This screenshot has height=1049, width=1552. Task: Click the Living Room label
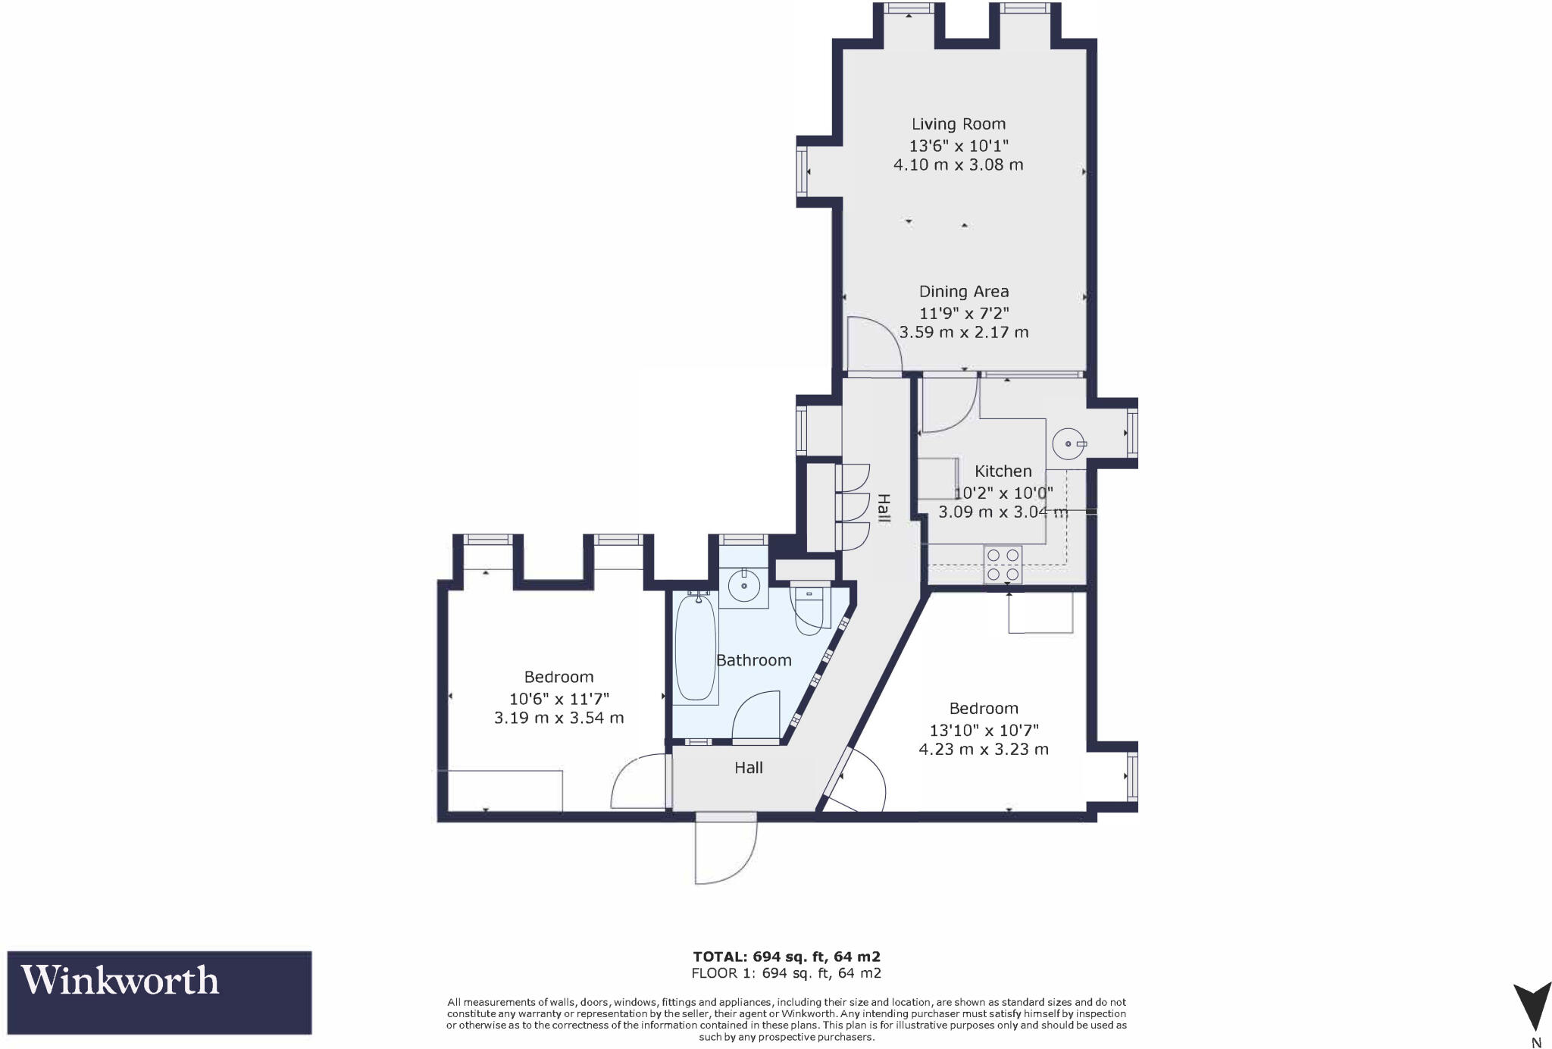pyautogui.click(x=958, y=124)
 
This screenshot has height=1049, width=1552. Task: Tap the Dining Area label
pyautogui.click(x=963, y=292)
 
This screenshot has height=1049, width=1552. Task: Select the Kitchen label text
pyautogui.click(x=1003, y=471)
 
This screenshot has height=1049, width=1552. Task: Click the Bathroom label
pyautogui.click(x=753, y=660)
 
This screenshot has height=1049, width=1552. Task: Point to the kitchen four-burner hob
pyautogui.click(x=1003, y=565)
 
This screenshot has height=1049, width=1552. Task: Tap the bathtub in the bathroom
pyautogui.click(x=695, y=648)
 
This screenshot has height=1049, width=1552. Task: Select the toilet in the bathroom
pyautogui.click(x=808, y=609)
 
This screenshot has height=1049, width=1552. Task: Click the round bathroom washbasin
pyautogui.click(x=743, y=586)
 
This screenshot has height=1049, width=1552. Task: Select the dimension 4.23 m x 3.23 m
pyautogui.click(x=983, y=750)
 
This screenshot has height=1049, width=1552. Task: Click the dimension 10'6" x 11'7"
pyautogui.click(x=559, y=698)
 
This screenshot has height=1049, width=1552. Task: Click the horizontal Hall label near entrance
pyautogui.click(x=748, y=768)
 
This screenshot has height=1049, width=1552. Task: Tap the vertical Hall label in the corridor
pyautogui.click(x=883, y=508)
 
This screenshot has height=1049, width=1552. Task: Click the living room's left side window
pyautogui.click(x=802, y=172)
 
